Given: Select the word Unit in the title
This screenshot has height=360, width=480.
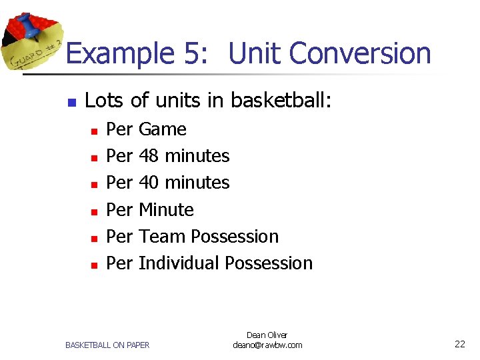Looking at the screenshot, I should [253, 54].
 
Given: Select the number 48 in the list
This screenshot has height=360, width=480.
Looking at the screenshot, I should [149, 156].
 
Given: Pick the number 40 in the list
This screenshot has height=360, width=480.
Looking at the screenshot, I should [149, 183].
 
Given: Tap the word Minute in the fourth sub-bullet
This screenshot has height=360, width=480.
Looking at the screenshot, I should [166, 209].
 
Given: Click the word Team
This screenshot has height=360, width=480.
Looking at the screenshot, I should [162, 237].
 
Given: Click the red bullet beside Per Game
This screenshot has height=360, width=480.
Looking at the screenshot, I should [95, 131].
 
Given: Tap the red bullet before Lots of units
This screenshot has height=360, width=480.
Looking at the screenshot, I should [72, 103].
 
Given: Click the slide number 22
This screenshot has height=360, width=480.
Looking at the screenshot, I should [460, 345].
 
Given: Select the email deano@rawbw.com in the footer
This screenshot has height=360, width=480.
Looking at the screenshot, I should [267, 345].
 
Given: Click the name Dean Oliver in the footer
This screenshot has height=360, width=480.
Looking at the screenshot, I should [267, 335].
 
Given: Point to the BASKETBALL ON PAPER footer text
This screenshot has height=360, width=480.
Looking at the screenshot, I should [107, 345].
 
